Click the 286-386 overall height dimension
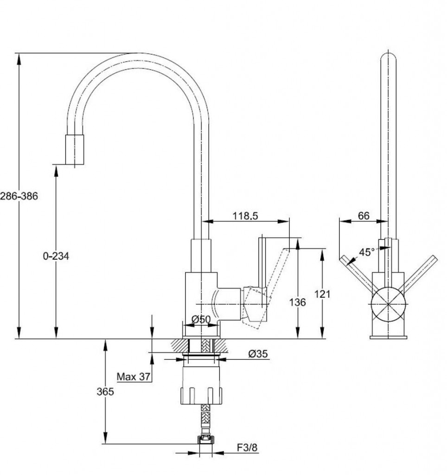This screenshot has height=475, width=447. [x=19, y=196]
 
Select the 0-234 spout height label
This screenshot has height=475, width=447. [x=56, y=256]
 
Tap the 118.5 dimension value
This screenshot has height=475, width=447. [x=245, y=216]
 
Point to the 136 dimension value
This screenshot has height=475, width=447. [x=297, y=302]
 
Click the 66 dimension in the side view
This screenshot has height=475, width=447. [x=364, y=216]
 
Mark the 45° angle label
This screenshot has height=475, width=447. [x=366, y=252]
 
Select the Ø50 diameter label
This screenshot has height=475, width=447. [x=201, y=319]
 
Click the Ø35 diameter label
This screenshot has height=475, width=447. [x=258, y=354]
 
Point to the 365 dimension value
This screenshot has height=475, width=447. [x=105, y=392]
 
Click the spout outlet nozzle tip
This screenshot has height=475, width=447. [x=74, y=150]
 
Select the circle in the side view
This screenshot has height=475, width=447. [x=388, y=304]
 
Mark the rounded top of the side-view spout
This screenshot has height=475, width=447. [x=388, y=58]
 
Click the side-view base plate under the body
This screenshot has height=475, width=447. [x=388, y=336]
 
